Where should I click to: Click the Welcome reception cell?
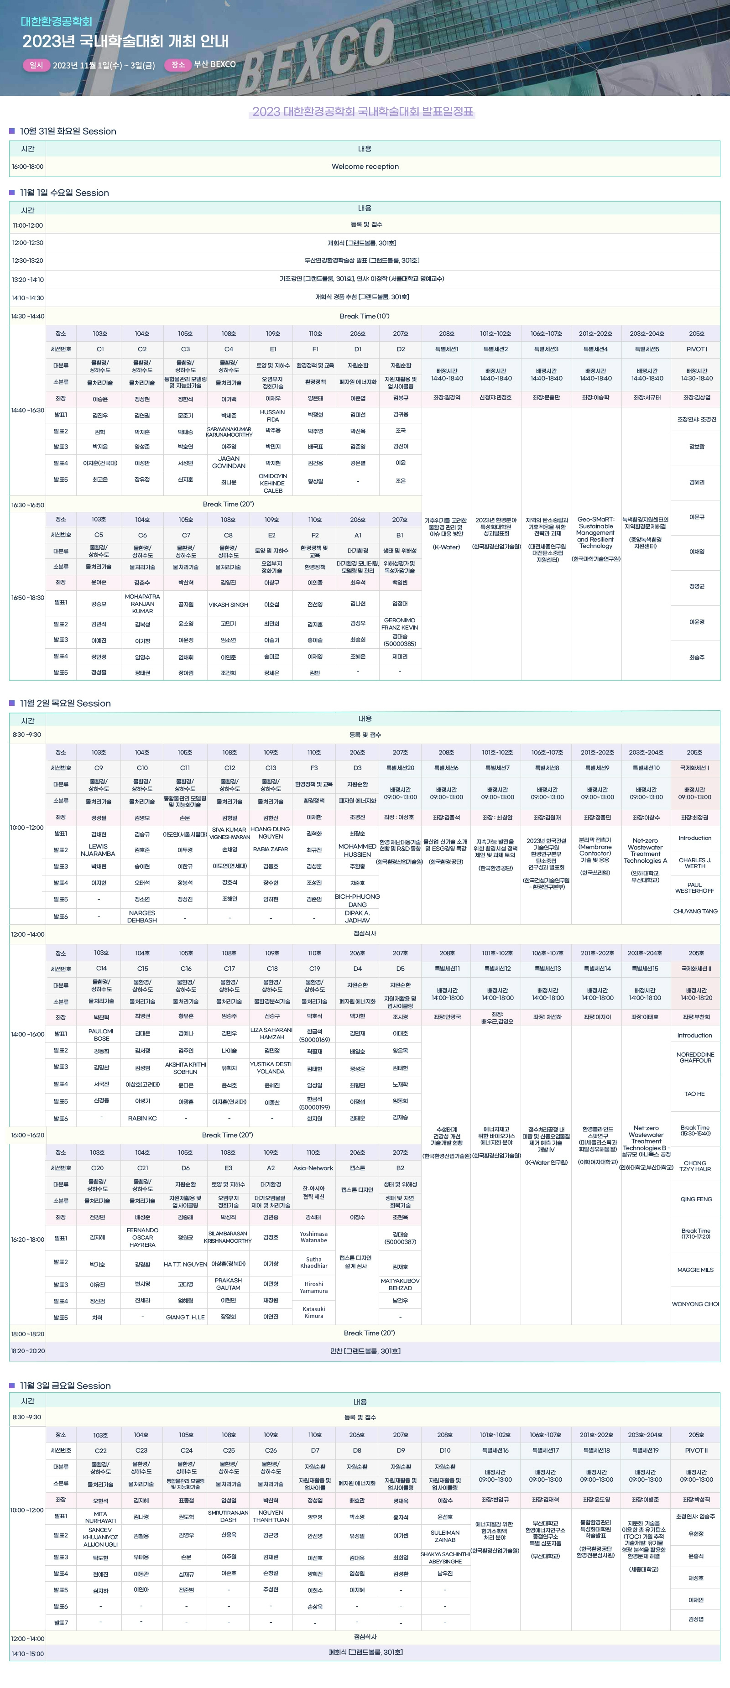click(365, 167)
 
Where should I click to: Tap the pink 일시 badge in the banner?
click(36, 65)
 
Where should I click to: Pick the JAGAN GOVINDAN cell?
click(228, 462)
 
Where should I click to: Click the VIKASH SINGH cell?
click(228, 604)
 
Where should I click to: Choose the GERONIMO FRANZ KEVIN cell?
click(400, 623)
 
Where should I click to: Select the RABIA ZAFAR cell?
click(271, 849)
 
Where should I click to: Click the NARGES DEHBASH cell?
click(142, 916)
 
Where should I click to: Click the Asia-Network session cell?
click(313, 1168)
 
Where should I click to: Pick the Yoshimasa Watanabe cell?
click(313, 1236)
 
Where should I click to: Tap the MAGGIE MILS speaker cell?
click(695, 1269)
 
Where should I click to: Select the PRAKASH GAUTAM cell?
click(228, 1284)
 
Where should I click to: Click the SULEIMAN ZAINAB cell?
click(445, 1536)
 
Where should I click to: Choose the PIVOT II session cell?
click(696, 1450)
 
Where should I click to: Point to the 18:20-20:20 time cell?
click(27, 1350)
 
